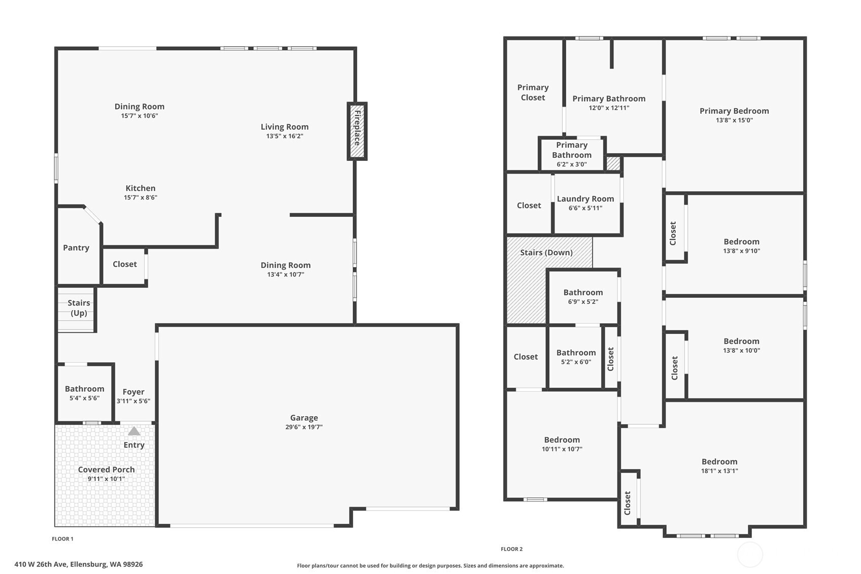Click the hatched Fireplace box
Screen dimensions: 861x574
tap(357, 131)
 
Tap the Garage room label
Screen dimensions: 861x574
tap(304, 418)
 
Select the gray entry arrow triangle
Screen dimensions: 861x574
tap(134, 431)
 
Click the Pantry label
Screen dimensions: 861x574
tap(76, 248)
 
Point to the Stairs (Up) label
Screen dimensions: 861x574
tap(79, 308)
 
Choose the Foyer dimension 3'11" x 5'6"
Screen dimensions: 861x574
tap(133, 401)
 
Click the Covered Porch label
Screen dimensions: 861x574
tap(107, 469)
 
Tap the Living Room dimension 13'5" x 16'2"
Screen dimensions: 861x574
tap(285, 136)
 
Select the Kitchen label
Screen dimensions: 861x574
tap(141, 188)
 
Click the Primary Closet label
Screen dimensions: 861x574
tap(533, 93)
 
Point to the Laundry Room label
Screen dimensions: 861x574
tap(586, 199)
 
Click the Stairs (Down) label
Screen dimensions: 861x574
tap(546, 253)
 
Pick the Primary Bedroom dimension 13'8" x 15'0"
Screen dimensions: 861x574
tap(735, 120)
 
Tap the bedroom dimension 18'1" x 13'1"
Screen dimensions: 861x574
tap(719, 471)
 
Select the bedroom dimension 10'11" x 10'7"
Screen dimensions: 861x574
tap(562, 449)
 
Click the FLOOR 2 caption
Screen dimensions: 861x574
tap(511, 549)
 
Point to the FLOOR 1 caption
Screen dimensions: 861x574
tap(62, 538)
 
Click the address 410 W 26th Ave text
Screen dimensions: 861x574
tap(42, 564)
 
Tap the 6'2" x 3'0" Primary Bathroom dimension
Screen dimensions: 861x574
tap(572, 164)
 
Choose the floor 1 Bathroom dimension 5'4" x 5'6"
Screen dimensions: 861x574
tap(85, 398)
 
